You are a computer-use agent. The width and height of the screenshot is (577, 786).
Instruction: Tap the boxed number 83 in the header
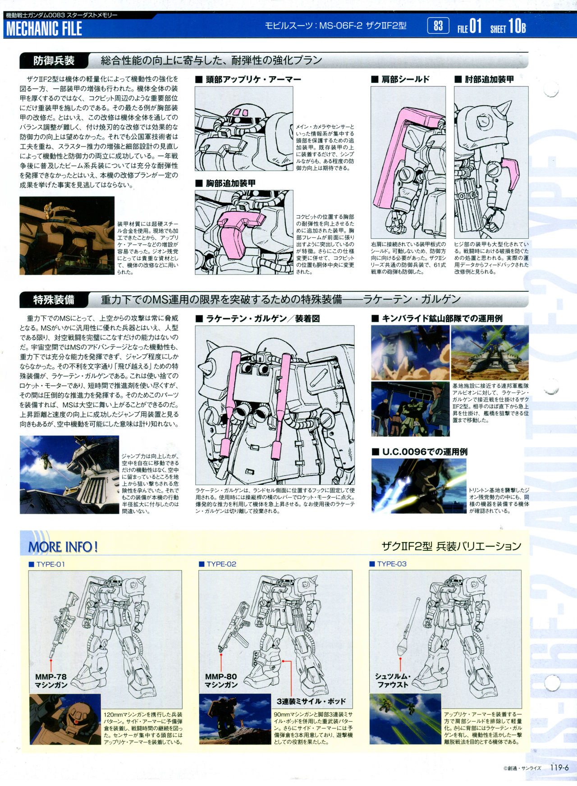tap(438, 26)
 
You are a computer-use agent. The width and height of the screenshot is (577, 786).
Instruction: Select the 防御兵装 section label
tap(54, 60)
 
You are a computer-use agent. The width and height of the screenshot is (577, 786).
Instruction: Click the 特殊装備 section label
tap(54, 300)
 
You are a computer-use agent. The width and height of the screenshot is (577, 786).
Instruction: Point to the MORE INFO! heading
tap(63, 547)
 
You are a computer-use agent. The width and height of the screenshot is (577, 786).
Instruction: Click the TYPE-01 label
tap(47, 564)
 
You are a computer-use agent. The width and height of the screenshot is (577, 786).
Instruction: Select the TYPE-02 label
tap(218, 564)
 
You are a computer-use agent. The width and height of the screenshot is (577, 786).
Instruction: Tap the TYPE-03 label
tap(388, 564)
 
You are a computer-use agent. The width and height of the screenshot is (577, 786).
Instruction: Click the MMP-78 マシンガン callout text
tap(51, 681)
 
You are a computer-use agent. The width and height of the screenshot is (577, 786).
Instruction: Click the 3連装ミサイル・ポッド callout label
tap(311, 701)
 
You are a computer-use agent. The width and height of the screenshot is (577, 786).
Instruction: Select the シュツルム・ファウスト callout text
tap(392, 681)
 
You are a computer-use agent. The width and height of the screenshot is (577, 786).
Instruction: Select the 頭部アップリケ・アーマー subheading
tap(248, 79)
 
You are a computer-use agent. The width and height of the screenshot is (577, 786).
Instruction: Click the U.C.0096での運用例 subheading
tap(420, 452)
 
